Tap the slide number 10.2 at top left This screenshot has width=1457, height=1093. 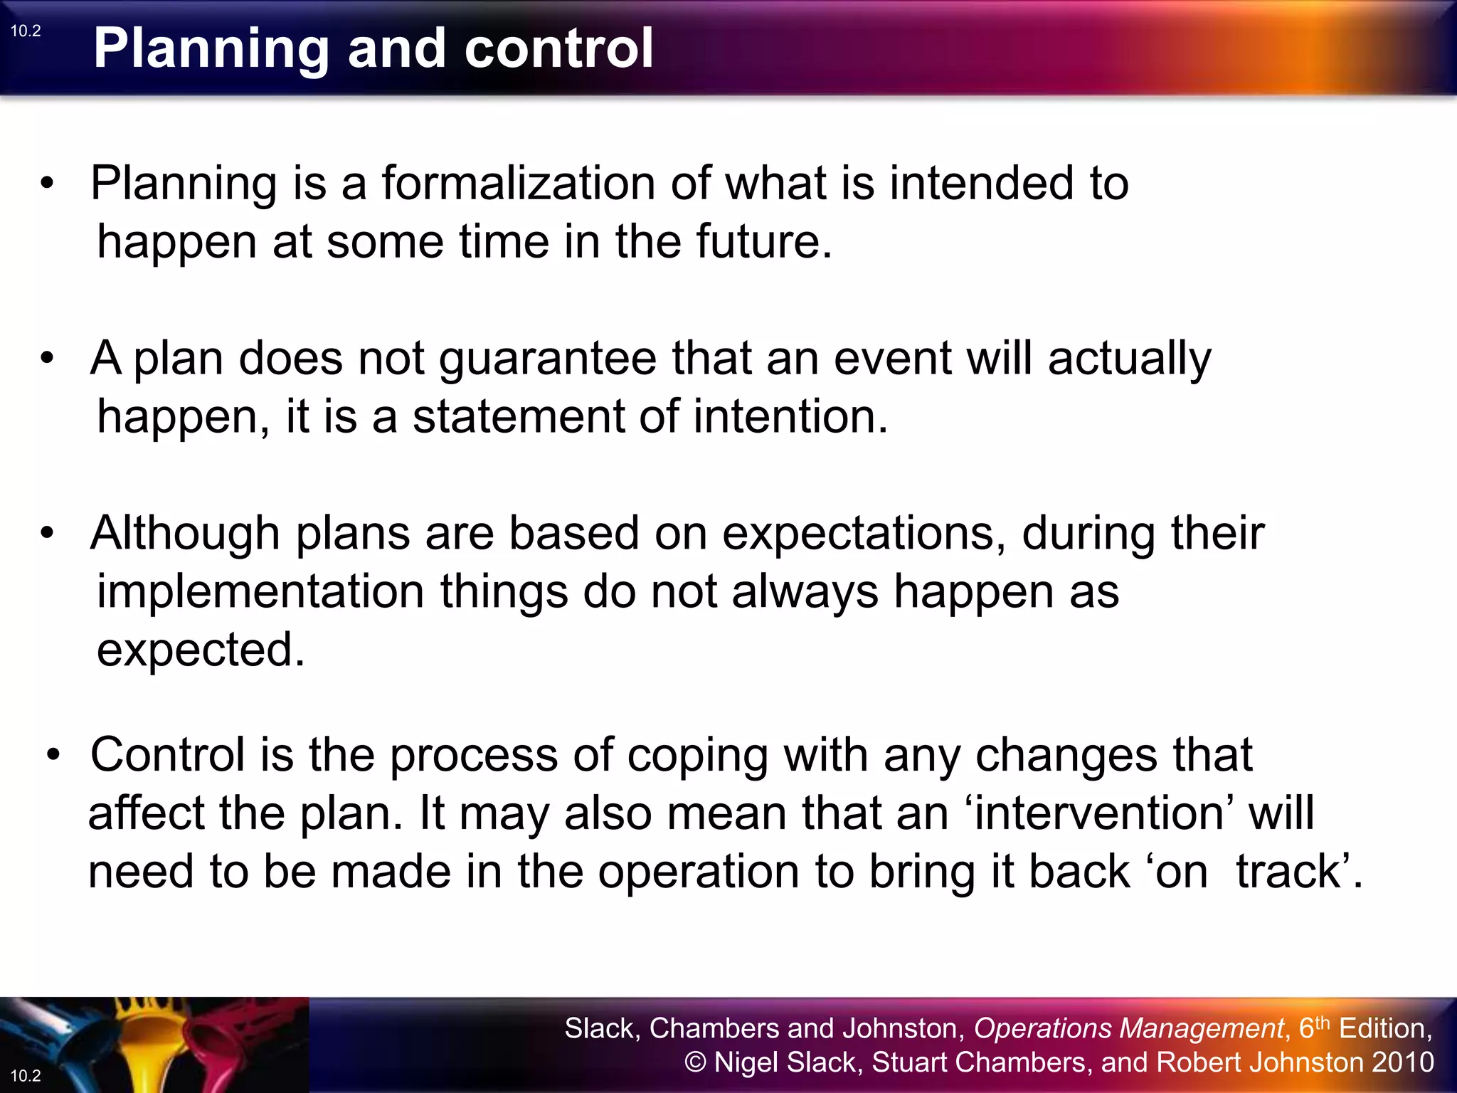tap(26, 31)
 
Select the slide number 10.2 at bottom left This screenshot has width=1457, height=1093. tap(26, 1075)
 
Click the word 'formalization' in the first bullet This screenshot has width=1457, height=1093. tap(518, 184)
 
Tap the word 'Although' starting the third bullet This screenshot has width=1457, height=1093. tap(185, 533)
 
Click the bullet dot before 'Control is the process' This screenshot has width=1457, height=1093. tap(54, 754)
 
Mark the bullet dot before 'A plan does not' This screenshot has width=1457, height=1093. tap(47, 357)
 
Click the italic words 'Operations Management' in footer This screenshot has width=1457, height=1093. tap(1128, 1028)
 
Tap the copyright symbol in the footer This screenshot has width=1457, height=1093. tap(695, 1062)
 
